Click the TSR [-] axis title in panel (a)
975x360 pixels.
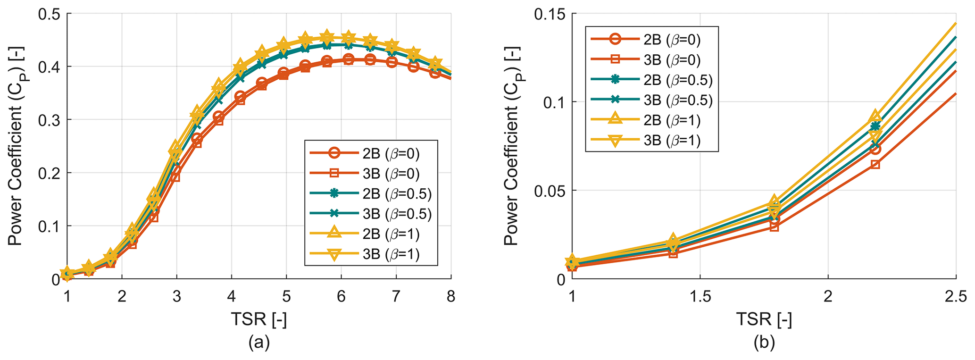(259, 319)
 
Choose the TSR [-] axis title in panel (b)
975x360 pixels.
(764, 319)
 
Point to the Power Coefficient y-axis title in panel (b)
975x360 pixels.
(511, 146)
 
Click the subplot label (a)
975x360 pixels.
(259, 343)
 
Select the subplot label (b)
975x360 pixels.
(764, 343)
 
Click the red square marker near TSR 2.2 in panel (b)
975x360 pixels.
(875, 164)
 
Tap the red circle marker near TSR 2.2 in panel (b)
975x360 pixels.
(875, 149)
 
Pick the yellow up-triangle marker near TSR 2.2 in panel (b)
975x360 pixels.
(875, 116)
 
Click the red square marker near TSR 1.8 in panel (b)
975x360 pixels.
(774, 226)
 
